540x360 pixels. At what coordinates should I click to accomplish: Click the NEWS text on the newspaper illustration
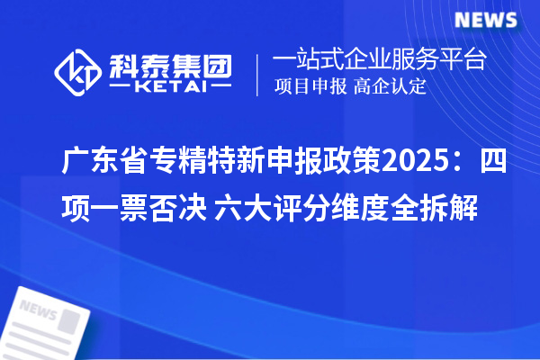point(38,310)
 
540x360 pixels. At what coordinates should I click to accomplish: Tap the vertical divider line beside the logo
point(259,75)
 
